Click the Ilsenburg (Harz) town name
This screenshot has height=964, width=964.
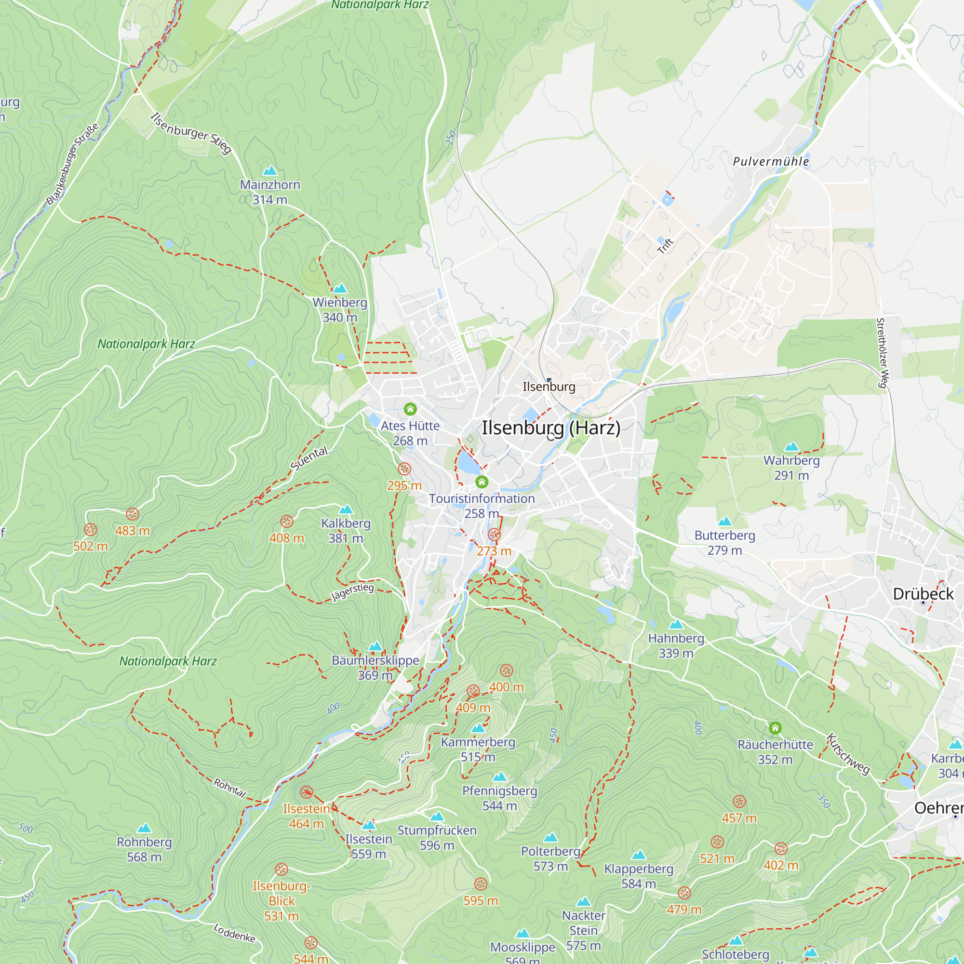pyautogui.click(x=551, y=428)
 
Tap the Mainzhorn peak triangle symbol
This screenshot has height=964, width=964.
pyautogui.click(x=269, y=171)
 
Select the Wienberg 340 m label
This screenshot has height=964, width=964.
pyautogui.click(x=340, y=310)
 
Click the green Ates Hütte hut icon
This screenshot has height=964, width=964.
pyautogui.click(x=410, y=409)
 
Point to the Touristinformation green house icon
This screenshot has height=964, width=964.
pyautogui.click(x=482, y=482)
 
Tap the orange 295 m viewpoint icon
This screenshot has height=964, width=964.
pyautogui.click(x=404, y=469)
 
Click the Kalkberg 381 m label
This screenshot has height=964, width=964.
pyautogui.click(x=346, y=530)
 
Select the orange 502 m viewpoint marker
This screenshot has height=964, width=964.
pyautogui.click(x=90, y=530)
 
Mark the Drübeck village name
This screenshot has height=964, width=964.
pyautogui.click(x=923, y=594)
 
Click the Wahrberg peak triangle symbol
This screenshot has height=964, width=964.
pyautogui.click(x=791, y=447)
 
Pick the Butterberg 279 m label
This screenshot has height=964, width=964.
pyautogui.click(x=724, y=542)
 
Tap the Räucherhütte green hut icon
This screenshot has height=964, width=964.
pyautogui.click(x=775, y=728)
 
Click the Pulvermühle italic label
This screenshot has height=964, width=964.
pyautogui.click(x=771, y=161)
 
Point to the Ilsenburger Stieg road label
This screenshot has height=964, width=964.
pyautogui.click(x=190, y=133)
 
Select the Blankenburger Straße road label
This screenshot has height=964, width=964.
pyautogui.click(x=72, y=164)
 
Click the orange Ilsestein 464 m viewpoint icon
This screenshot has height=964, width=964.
pyautogui.click(x=307, y=792)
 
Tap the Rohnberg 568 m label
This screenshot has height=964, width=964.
pyautogui.click(x=144, y=849)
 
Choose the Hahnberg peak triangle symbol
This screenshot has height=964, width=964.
pyautogui.click(x=676, y=625)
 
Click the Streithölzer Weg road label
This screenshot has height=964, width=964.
pyautogui.click(x=882, y=353)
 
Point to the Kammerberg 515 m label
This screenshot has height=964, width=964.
pyautogui.click(x=478, y=749)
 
